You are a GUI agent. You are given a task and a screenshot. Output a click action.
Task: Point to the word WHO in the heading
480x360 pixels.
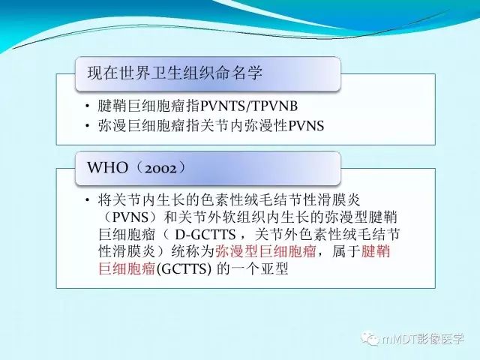coord(108,167)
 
